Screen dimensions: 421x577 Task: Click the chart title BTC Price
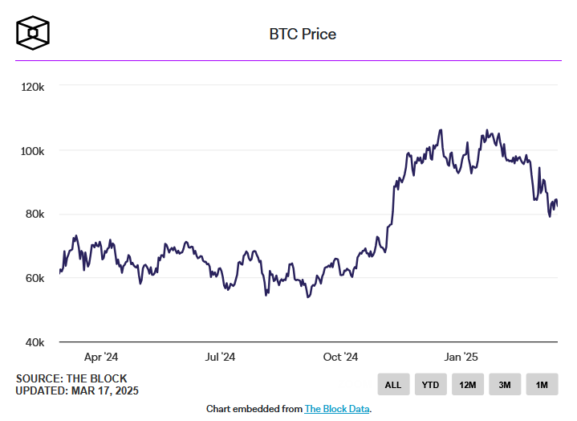302,35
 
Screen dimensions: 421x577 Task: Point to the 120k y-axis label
32,87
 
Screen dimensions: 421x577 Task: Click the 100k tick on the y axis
32,151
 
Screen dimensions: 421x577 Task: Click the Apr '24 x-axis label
101,357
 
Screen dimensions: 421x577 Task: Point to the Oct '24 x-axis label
339,357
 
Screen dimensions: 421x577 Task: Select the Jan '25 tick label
461,357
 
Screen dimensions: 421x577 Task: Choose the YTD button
430,385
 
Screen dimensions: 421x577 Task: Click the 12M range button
467,385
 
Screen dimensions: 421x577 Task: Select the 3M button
505,385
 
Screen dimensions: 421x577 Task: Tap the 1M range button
542,385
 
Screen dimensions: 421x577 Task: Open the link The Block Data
337,409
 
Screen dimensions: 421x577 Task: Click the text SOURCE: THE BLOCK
71,378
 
